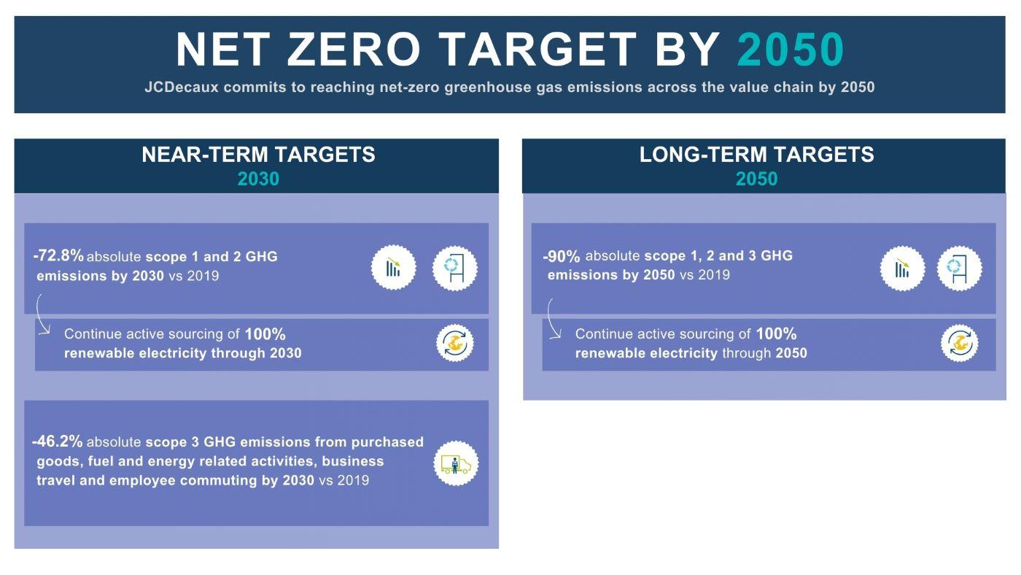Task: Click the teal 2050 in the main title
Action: click(790, 50)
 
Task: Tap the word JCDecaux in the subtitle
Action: click(181, 87)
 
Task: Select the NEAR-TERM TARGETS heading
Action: click(258, 155)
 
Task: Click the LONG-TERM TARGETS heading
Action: click(756, 155)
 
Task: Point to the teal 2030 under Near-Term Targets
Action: click(258, 179)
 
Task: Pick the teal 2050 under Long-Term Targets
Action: click(756, 179)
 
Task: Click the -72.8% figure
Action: click(58, 256)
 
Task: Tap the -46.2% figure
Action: click(58, 441)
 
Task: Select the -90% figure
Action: click(562, 257)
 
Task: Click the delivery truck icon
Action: click(456, 464)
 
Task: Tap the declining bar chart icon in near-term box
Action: click(394, 268)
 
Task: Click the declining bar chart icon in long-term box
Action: click(902, 268)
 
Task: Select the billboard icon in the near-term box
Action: click(455, 268)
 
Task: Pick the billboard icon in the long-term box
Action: click(959, 268)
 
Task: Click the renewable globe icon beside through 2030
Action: click(455, 343)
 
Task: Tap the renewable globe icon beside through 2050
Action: click(959, 343)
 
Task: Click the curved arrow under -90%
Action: click(553, 319)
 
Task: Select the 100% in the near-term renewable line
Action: click(265, 334)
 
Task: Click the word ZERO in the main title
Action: click(353, 50)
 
